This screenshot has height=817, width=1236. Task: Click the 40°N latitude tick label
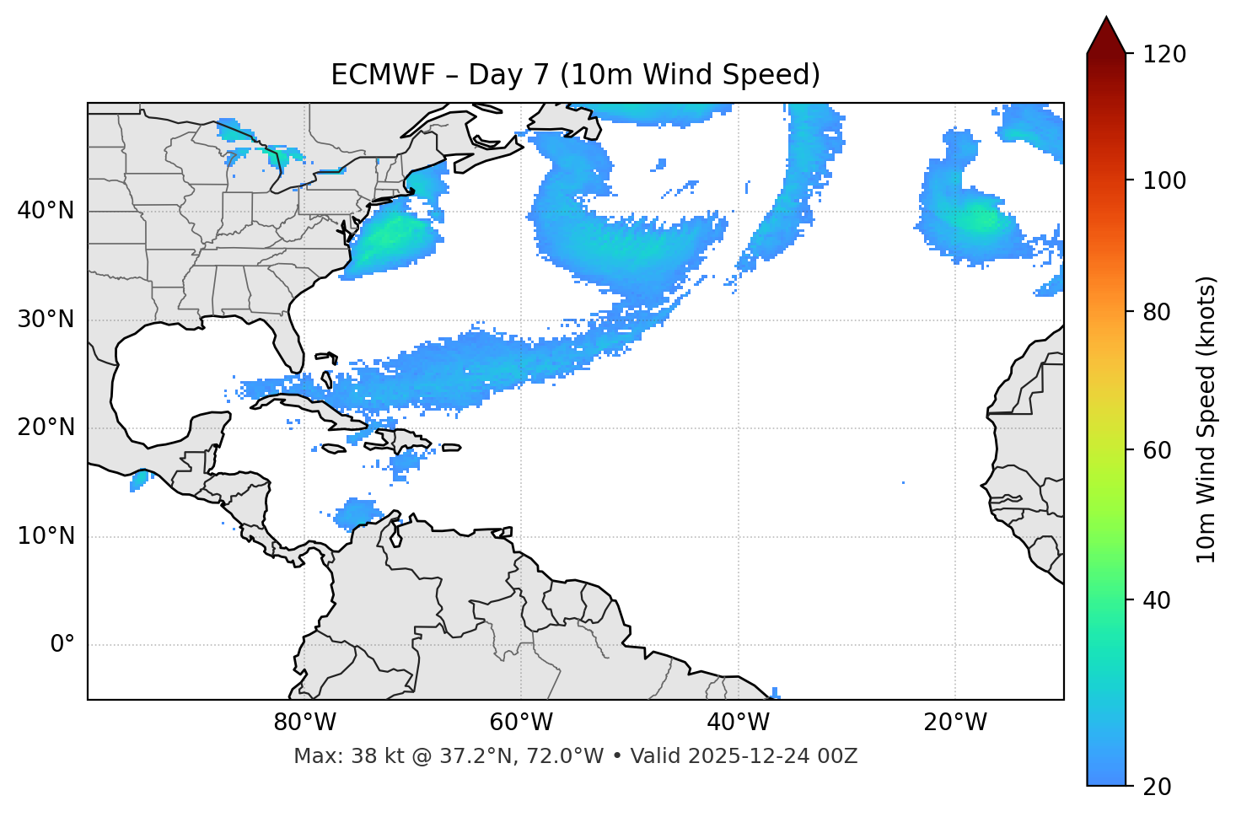[46, 211]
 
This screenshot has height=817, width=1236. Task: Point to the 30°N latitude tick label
[46, 320]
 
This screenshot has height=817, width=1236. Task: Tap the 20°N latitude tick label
[46, 427]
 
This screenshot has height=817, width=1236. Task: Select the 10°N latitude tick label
[46, 536]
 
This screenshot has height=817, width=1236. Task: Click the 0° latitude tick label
[62, 645]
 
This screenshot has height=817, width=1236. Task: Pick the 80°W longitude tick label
[304, 723]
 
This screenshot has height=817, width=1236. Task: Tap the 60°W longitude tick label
[521, 723]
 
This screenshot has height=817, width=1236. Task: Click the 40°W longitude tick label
[738, 723]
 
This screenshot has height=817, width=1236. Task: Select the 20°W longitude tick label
[955, 723]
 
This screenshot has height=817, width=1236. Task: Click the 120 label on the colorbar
[1163, 55]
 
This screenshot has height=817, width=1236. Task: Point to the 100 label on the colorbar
[1163, 180]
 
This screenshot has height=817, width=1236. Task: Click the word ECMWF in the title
[383, 75]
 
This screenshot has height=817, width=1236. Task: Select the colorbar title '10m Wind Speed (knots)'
[1206, 420]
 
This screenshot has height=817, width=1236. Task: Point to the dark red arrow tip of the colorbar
[1106, 34]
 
